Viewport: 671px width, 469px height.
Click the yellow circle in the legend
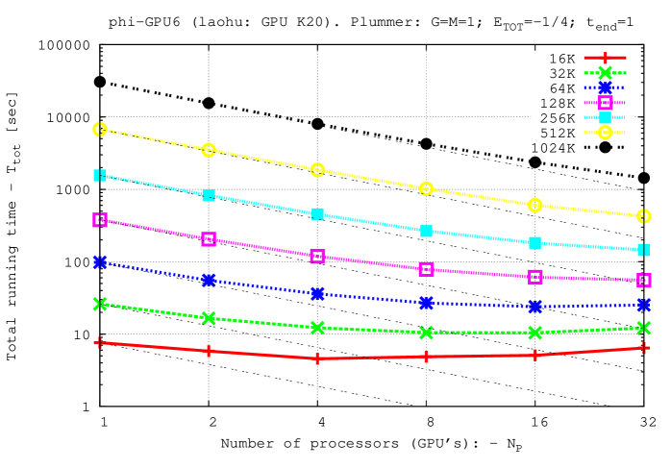(605, 133)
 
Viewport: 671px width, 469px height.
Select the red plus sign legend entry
(605, 58)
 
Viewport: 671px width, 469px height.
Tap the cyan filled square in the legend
(605, 117)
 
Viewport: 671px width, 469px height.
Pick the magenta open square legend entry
(605, 103)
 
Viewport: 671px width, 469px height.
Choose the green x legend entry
(605, 72)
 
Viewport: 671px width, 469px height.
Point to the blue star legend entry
(605, 87)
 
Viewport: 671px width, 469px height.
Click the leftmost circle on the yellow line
(100, 129)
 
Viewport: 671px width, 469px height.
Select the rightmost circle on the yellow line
(643, 216)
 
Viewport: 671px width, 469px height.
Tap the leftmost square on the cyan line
(100, 175)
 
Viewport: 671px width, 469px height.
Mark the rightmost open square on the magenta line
(643, 281)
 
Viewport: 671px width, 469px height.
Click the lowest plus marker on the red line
(317, 358)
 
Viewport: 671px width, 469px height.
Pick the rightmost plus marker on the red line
(643, 348)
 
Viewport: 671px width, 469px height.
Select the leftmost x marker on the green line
(100, 304)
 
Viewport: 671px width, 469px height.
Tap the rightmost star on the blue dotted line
(643, 305)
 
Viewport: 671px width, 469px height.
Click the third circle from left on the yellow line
(317, 169)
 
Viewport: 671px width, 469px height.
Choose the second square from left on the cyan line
(209, 195)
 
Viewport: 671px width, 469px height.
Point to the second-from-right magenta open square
(534, 277)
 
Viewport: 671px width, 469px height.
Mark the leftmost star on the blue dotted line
(100, 261)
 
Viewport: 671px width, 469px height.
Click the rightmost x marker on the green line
(643, 328)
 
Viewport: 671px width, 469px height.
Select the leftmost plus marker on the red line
(99, 342)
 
